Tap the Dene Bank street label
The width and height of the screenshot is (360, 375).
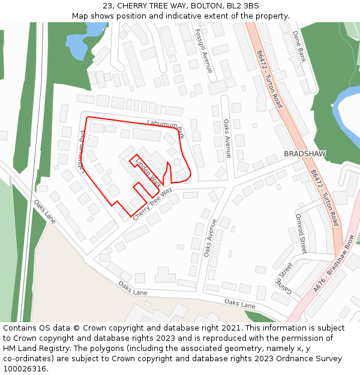[299, 47]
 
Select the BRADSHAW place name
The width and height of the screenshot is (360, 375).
[305, 154]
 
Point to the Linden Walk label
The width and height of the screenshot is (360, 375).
[148, 172]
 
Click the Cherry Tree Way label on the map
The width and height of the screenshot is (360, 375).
[152, 203]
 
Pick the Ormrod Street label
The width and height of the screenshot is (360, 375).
[301, 233]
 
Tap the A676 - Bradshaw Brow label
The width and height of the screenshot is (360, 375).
[334, 264]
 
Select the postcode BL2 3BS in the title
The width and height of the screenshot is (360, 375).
[242, 6]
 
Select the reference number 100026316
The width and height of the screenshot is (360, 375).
[25, 369]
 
